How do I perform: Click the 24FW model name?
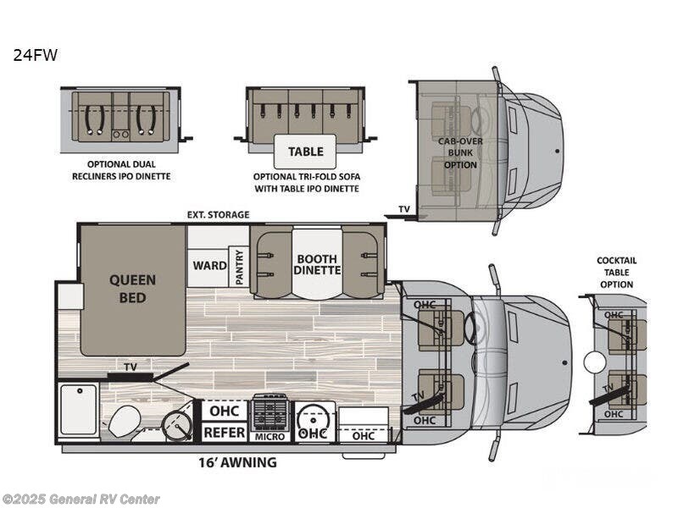35,55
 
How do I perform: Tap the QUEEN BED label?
132,289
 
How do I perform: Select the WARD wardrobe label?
209,265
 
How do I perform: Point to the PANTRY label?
239,268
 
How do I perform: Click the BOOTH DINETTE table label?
317,264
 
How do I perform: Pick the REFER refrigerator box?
225,432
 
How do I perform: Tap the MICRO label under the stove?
270,437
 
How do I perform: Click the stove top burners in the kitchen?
270,411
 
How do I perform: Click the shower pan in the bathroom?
79,409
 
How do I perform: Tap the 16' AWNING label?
237,462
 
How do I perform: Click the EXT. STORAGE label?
218,215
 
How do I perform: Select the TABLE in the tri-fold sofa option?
305,152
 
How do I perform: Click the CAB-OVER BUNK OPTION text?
460,153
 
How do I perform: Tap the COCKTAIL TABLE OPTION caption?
617,273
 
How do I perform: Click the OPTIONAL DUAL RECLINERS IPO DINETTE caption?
121,170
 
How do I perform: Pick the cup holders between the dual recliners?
120,135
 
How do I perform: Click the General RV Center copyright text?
80,500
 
